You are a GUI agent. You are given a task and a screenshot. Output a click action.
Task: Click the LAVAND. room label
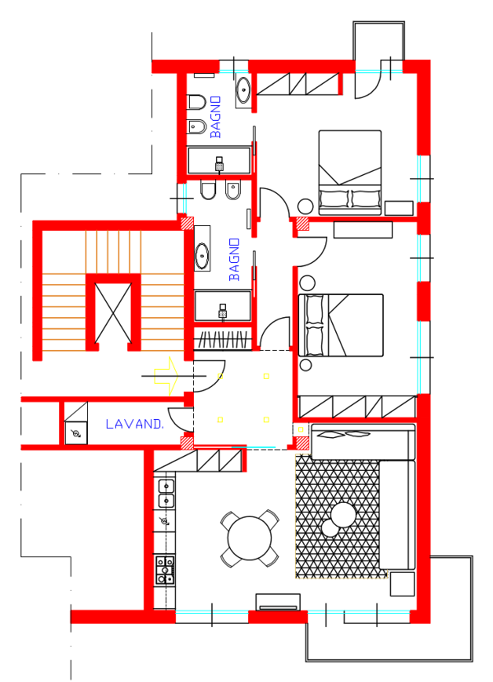pyautogui.click(x=135, y=424)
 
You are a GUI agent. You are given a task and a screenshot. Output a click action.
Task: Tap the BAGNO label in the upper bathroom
pyautogui.click(x=215, y=117)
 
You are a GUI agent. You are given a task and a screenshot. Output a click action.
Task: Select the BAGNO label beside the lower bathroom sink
pyautogui.click(x=234, y=259)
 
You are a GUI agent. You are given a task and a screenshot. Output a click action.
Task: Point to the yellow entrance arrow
pyautogui.click(x=166, y=376)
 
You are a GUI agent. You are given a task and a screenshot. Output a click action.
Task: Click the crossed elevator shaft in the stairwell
pyautogui.click(x=113, y=313)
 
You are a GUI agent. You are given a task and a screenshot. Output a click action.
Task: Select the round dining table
pyautogui.click(x=250, y=538)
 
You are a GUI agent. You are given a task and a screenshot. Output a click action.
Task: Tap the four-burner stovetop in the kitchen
pyautogui.click(x=165, y=569)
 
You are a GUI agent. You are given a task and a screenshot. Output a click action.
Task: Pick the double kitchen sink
pyautogui.click(x=166, y=493)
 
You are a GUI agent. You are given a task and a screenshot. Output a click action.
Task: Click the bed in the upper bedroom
pyautogui.click(x=350, y=173)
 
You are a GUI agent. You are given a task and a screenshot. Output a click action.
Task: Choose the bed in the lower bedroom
pyautogui.click(x=341, y=325)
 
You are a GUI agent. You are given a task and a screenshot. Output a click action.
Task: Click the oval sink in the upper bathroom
pyautogui.click(x=243, y=90)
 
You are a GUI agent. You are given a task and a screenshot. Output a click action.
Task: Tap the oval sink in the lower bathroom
pyautogui.click(x=202, y=256)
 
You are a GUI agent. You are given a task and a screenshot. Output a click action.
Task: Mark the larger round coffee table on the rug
pyautogui.click(x=343, y=515)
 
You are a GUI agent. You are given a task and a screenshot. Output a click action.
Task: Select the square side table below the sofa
pyautogui.click(x=402, y=583)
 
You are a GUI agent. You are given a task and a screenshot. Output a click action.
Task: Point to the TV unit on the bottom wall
pyautogui.click(x=278, y=602)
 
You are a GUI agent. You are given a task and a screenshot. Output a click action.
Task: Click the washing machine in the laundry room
pyautogui.click(x=76, y=433)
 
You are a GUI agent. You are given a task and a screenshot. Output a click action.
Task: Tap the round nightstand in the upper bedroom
pyautogui.click(x=305, y=206)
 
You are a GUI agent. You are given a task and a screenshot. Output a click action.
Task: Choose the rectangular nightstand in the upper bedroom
pyautogui.click(x=399, y=208)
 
